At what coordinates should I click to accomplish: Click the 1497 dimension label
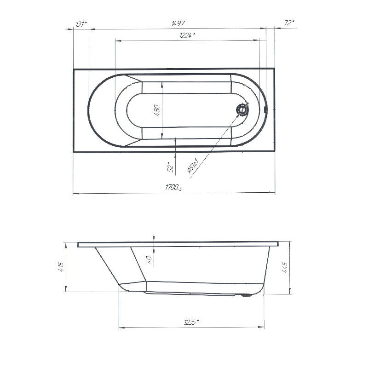pos(178,23)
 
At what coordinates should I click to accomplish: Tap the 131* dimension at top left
pos(81,24)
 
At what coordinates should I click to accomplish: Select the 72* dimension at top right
pos(289,23)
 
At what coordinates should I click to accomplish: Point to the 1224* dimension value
pos(187,35)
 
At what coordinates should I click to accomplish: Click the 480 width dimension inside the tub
pos(157,110)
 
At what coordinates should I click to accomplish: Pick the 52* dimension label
pos(171,167)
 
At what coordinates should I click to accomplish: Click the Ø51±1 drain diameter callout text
pos(193,166)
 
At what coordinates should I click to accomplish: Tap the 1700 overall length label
pos(173,187)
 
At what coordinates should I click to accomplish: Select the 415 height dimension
pos(61,266)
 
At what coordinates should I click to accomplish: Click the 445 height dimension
pos(284,267)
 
